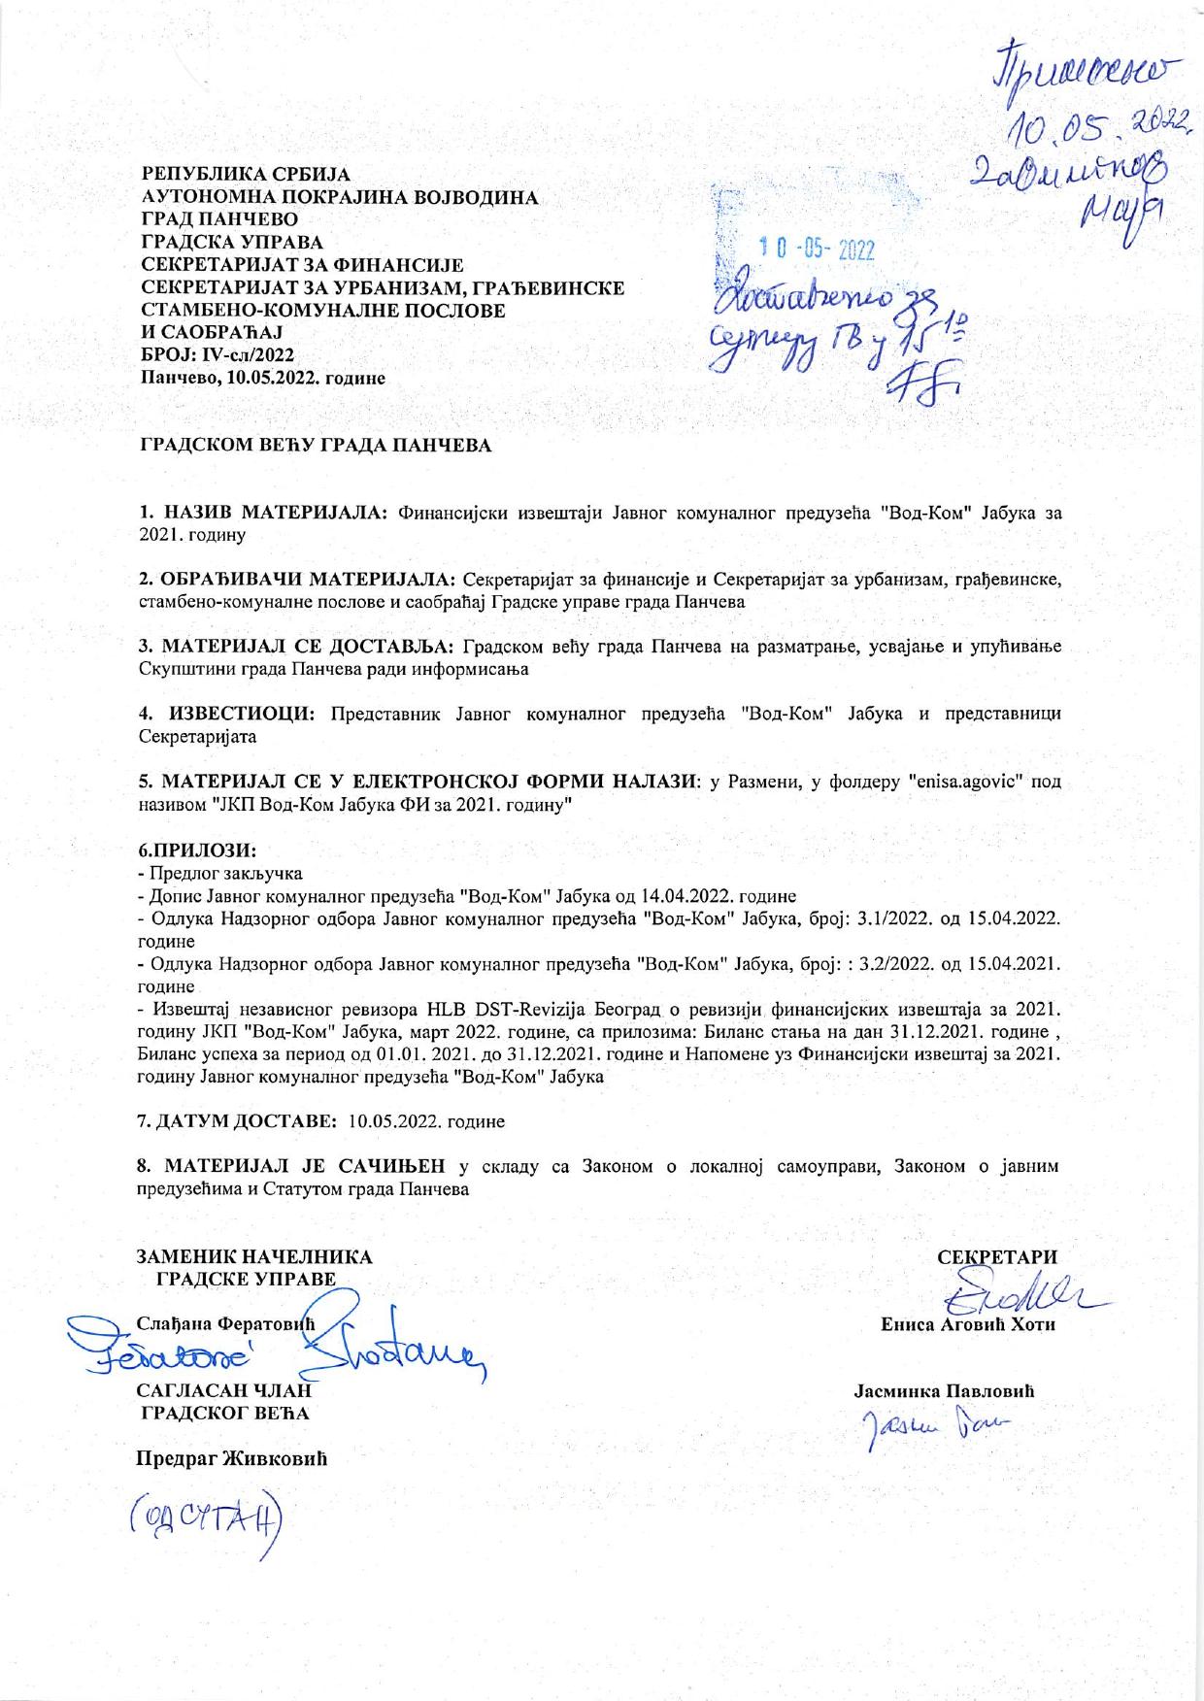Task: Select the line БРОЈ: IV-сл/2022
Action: (217, 356)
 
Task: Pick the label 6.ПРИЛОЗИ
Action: (198, 851)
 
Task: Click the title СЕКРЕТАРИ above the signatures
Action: (997, 1257)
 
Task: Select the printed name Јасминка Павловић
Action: (945, 1390)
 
